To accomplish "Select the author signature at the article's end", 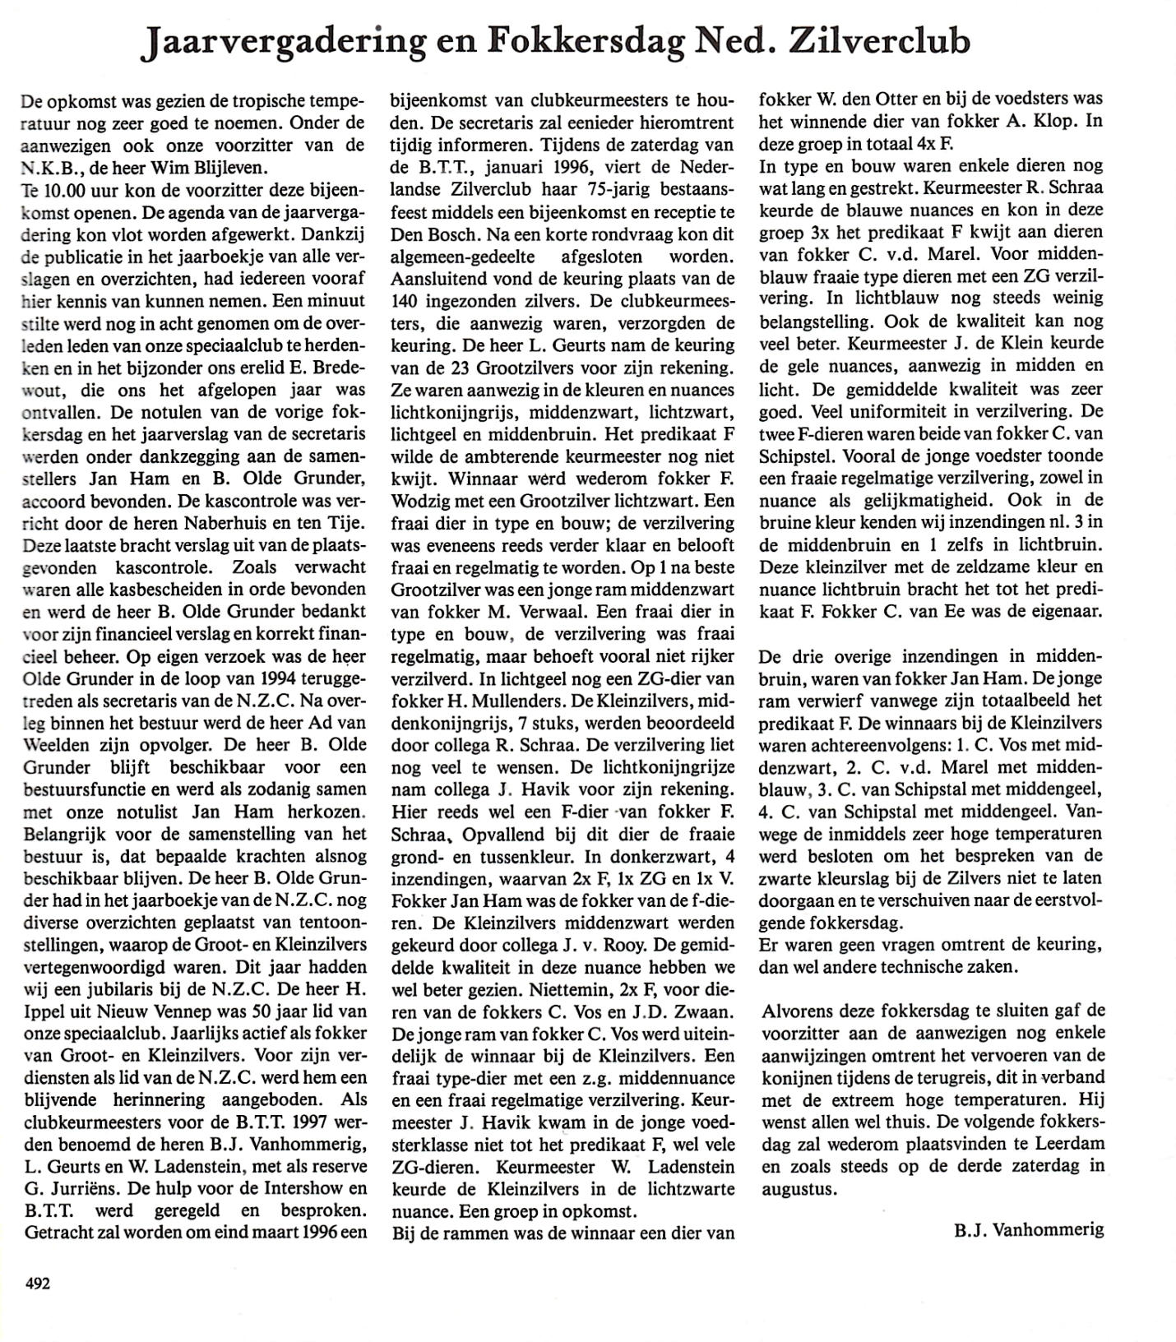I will (x=1030, y=1230).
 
